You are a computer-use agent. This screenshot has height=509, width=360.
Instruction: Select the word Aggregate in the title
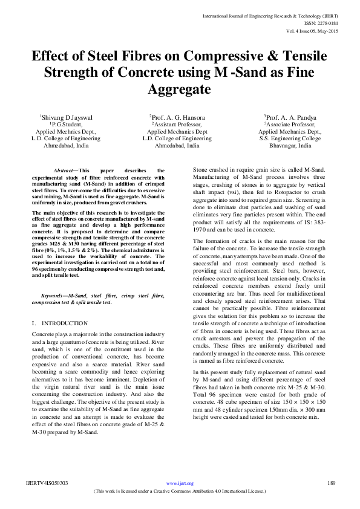pos(180,89)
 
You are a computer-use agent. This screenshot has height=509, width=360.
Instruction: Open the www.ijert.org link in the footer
pos(179,484)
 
